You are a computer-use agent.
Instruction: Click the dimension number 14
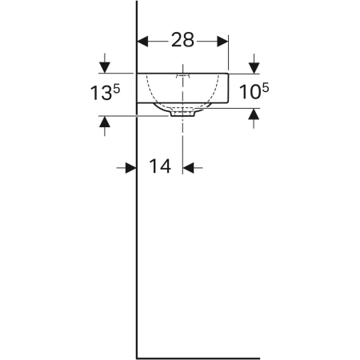point(161,167)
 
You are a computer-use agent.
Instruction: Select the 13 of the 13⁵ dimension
point(99,93)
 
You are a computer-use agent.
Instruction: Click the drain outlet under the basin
point(183,113)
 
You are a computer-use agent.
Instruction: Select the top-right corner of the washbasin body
point(229,73)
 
